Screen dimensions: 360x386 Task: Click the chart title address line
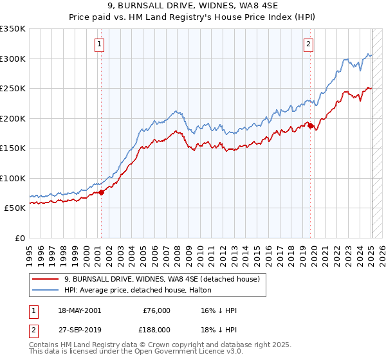click(193, 6)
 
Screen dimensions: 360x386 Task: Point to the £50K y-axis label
click(15, 208)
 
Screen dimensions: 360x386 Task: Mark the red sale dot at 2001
click(101, 192)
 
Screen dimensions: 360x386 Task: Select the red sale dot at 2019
click(310, 125)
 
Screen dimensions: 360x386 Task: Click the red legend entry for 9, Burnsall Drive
click(161, 279)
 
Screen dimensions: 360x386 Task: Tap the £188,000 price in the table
click(156, 328)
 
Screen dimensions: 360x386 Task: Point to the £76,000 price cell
click(156, 310)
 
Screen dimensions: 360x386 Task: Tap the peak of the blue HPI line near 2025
click(369, 53)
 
